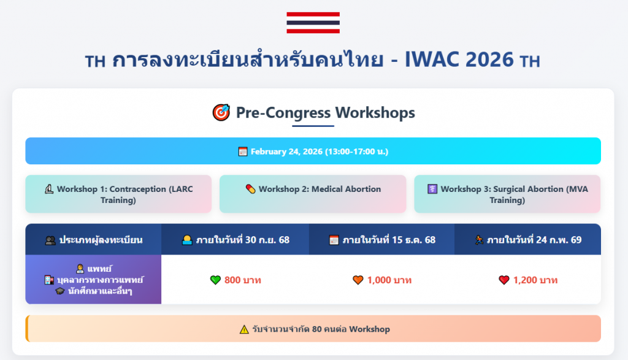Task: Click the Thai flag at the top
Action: [313, 23]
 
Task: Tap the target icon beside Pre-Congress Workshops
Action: [221, 112]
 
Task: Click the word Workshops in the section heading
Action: [375, 112]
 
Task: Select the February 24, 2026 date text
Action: [320, 151]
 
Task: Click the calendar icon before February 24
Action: [243, 151]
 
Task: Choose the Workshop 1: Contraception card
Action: [118, 194]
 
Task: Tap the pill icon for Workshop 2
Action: [250, 189]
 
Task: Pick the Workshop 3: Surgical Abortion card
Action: [507, 194]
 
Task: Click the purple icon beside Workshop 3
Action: [432, 189]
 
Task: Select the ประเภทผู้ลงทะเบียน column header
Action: [93, 239]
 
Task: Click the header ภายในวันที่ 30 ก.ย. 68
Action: [235, 239]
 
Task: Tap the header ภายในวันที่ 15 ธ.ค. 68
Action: [381, 239]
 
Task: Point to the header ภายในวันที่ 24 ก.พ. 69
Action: [528, 239]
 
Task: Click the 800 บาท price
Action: [243, 280]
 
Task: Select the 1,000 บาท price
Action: [389, 280]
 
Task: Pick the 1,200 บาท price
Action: [535, 280]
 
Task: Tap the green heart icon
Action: [215, 280]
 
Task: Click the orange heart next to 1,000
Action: [358, 280]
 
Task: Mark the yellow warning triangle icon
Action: [244, 329]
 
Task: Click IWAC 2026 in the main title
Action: [459, 59]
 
